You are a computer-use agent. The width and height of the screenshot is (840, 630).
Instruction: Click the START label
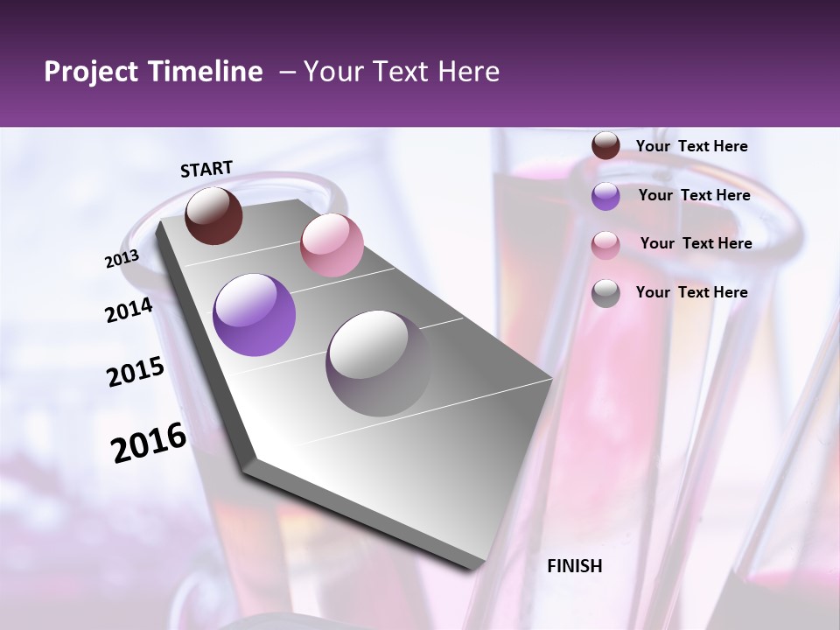pos(206,169)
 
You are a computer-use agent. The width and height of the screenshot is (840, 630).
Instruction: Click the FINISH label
pos(575,566)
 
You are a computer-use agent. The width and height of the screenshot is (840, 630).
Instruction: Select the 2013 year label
pos(122,259)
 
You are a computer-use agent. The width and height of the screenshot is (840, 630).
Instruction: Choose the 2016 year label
pos(149,443)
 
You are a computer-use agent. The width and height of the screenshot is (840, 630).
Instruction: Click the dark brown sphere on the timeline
pos(213,215)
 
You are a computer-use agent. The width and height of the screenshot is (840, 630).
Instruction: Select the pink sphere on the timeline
pos(332,245)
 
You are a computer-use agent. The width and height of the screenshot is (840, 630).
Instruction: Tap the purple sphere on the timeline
pos(254,315)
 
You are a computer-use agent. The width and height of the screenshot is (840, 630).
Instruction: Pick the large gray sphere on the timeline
pos(378,363)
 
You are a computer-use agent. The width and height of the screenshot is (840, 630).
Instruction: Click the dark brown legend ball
pos(605,146)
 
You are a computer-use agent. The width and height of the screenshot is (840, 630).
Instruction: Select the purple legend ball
pos(605,196)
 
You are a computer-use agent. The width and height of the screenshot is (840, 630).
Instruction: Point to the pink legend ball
pos(605,244)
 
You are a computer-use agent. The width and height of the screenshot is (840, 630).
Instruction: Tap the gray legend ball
pos(605,293)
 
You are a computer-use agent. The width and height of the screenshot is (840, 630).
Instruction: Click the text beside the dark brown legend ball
pos(691,147)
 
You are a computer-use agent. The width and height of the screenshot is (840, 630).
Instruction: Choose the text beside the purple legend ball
pos(694,195)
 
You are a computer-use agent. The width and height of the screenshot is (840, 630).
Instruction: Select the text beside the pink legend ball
pos(696,243)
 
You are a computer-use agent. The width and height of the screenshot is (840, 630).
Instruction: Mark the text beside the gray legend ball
pos(691,292)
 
